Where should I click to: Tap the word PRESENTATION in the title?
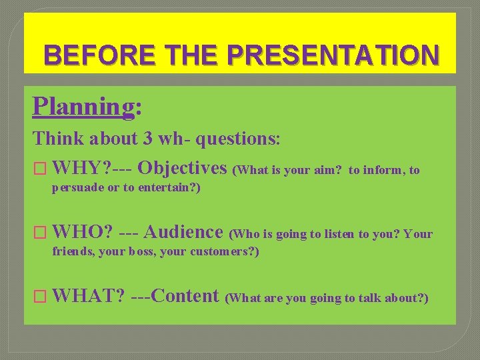(333, 54)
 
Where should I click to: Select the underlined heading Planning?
(83, 105)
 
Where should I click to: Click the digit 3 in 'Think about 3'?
(147, 139)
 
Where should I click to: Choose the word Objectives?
(183, 168)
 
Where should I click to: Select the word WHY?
(76, 168)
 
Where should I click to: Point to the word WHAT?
(88, 295)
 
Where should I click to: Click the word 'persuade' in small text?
(77, 188)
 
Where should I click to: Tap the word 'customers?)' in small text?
(225, 252)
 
